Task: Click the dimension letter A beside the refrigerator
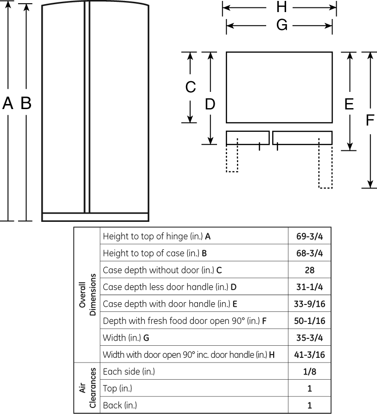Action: pos(7,103)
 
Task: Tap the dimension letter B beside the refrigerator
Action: pos(26,103)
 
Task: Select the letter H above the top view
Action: pos(282,7)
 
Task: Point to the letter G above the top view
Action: pos(282,26)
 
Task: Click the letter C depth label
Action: pos(191,87)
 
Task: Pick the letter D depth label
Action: pos(210,104)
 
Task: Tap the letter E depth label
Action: pos(349,104)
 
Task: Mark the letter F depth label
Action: pos(370,120)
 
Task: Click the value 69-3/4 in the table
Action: pos(309,236)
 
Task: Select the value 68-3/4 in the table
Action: pos(309,253)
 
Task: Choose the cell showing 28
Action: pos(309,270)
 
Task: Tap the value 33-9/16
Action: pos(309,304)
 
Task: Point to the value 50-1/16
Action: pos(309,321)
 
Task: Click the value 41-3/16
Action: pos(309,354)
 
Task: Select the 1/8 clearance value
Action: pos(309,371)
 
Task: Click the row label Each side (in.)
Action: pos(129,371)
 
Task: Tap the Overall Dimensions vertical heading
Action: pos(87,295)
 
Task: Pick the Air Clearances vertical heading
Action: pos(87,388)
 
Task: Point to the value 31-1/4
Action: pos(309,287)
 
